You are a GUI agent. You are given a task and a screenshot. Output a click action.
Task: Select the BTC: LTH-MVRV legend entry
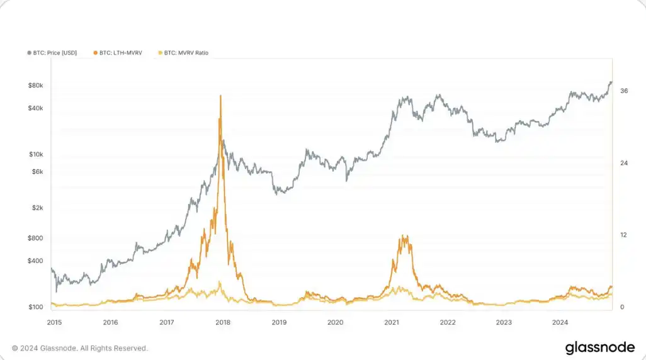pyautogui.click(x=120, y=53)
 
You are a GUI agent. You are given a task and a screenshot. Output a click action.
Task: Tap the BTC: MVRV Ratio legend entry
pyautogui.click(x=185, y=53)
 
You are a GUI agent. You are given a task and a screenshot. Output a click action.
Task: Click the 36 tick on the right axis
pyautogui.click(x=624, y=91)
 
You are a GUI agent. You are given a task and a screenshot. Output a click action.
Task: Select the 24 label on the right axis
pyautogui.click(x=624, y=164)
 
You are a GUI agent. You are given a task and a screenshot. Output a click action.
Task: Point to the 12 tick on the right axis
pyautogui.click(x=623, y=235)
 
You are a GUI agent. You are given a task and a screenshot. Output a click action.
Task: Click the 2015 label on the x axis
pyautogui.click(x=55, y=322)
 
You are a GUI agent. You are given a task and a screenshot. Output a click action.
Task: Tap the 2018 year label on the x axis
pyautogui.click(x=222, y=322)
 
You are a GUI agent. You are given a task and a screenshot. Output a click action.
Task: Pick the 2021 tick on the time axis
pyautogui.click(x=392, y=322)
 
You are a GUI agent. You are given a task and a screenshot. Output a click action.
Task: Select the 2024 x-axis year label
pyautogui.click(x=560, y=322)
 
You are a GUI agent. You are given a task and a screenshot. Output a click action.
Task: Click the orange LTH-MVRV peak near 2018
pyautogui.click(x=220, y=96)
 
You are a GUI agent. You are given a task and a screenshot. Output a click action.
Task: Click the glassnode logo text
pyautogui.click(x=600, y=347)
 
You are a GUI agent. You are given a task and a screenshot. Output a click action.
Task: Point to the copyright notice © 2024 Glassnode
pyautogui.click(x=80, y=348)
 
